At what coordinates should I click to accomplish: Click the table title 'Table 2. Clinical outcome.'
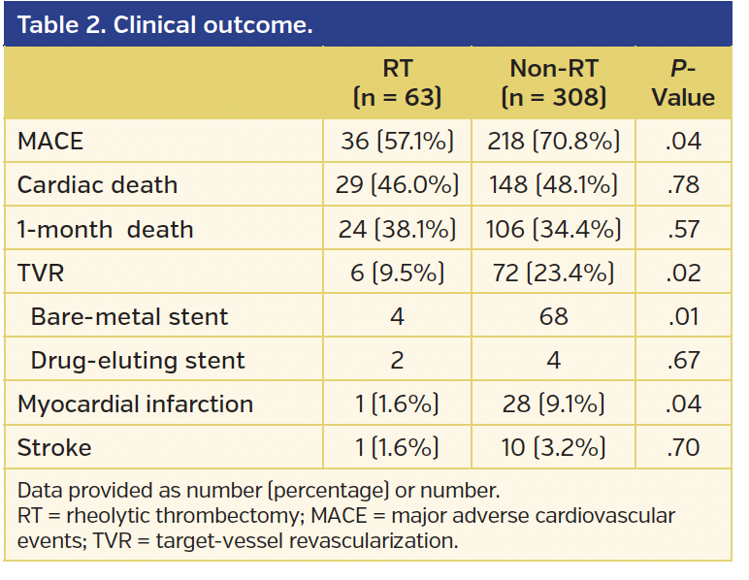pyautogui.click(x=165, y=24)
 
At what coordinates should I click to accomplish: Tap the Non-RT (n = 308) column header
pyautogui.click(x=553, y=82)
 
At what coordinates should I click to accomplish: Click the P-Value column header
pyautogui.click(x=683, y=82)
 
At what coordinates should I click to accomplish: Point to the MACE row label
pyautogui.click(x=50, y=142)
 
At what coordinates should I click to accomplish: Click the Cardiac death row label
pyautogui.click(x=98, y=185)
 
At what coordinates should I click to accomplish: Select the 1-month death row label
pyautogui.click(x=106, y=230)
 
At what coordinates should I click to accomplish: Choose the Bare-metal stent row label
pyautogui.click(x=130, y=317)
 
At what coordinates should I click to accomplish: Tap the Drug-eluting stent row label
pyautogui.click(x=138, y=361)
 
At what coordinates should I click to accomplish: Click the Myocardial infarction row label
pyautogui.click(x=135, y=404)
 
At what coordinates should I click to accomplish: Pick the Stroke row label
pyautogui.click(x=54, y=448)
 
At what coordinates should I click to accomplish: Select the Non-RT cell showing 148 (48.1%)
pyautogui.click(x=553, y=185)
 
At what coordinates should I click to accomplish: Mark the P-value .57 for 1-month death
pyautogui.click(x=683, y=230)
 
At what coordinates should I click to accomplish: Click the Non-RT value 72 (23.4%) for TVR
pyautogui.click(x=553, y=274)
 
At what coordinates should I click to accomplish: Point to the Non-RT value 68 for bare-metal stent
pyautogui.click(x=553, y=317)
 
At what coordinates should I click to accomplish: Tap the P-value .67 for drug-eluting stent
pyautogui.click(x=683, y=361)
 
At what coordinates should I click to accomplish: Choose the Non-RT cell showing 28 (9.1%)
pyautogui.click(x=553, y=404)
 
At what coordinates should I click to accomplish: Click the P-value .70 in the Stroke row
pyautogui.click(x=683, y=448)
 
